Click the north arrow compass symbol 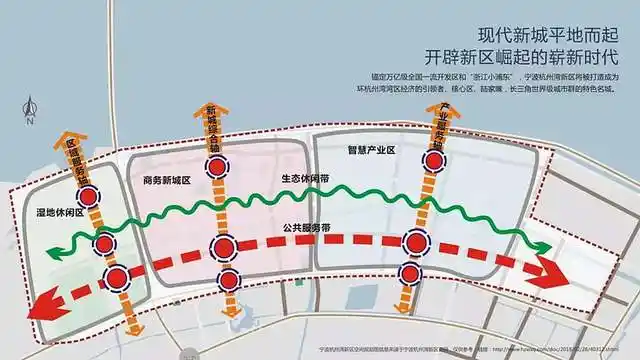click(31, 109)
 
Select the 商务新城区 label click(160, 182)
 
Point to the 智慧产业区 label click(372, 151)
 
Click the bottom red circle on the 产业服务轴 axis click(408, 272)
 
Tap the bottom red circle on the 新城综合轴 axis click(230, 279)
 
